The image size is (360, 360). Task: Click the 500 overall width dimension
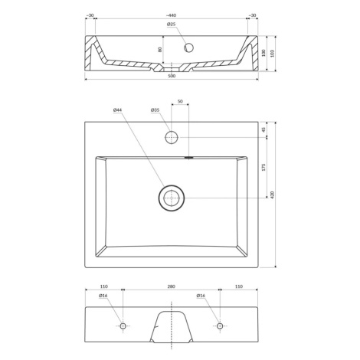coord(172,76)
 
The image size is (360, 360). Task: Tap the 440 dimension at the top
coord(171,15)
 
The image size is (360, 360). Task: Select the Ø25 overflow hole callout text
coord(171,25)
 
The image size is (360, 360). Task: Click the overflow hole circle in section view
coord(189,47)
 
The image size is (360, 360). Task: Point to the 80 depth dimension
coord(160,50)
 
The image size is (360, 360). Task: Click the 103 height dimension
coord(272,54)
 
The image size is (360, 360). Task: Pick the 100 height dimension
coord(263,53)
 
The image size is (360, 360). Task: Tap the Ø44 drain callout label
coord(118,110)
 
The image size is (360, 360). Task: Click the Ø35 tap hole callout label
coord(155,110)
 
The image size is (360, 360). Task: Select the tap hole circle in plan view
coord(172,137)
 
